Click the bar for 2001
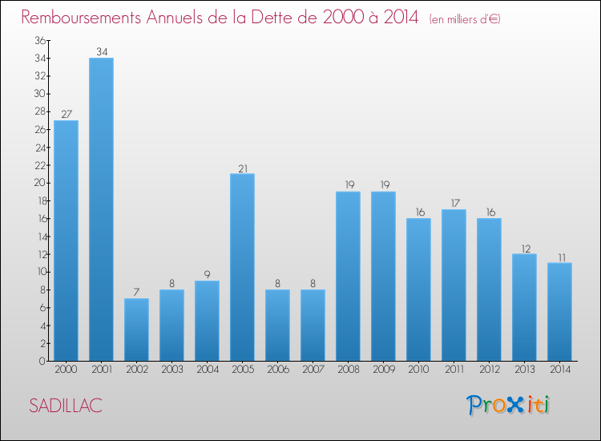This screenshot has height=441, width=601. (101, 209)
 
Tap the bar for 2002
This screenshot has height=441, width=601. (136, 330)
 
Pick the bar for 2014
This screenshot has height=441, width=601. (559, 312)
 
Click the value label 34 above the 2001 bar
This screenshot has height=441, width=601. (101, 52)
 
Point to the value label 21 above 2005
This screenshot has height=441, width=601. (242, 168)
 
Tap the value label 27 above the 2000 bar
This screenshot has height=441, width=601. (66, 115)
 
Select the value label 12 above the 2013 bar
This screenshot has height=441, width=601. (524, 249)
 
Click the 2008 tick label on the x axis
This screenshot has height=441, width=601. (348, 370)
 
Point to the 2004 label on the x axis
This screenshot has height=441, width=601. (207, 370)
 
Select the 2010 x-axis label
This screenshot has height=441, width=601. (418, 370)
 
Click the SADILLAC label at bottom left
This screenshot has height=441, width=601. (66, 406)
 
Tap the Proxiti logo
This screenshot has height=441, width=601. (508, 405)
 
